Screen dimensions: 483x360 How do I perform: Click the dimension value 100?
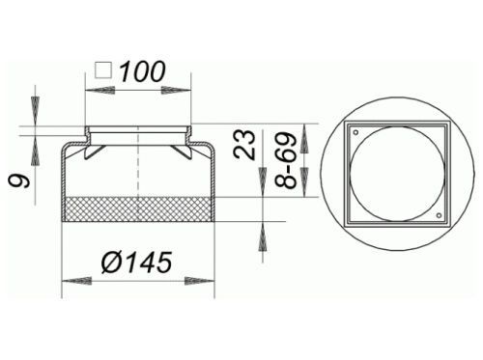point(143,71)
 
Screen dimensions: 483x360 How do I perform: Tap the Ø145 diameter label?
point(137,263)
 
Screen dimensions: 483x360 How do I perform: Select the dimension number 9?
point(19,181)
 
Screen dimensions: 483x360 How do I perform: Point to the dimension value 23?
point(244,144)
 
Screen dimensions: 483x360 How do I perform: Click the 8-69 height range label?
point(286,160)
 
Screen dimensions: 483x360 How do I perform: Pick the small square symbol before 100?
point(103,70)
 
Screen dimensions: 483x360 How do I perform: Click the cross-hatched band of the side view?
point(138,209)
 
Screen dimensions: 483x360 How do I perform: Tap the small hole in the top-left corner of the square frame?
point(355,132)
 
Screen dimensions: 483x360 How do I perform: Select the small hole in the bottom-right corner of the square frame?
point(439,215)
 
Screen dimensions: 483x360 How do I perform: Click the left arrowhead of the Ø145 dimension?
point(76,281)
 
